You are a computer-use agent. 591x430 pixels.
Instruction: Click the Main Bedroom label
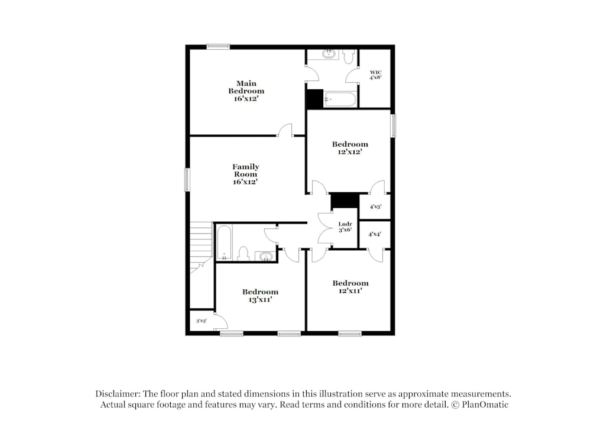click(246, 91)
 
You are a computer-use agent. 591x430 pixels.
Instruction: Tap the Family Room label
click(245, 174)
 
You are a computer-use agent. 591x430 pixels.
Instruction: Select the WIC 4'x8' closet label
click(376, 75)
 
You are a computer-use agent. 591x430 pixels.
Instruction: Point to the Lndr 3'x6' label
click(345, 227)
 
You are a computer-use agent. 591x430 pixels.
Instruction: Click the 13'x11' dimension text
click(260, 300)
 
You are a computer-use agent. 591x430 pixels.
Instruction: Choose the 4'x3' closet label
click(375, 207)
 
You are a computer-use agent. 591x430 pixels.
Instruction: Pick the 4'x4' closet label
click(375, 234)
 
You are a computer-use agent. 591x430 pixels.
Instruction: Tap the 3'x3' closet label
click(201, 321)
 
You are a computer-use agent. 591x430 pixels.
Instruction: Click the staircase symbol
click(201, 245)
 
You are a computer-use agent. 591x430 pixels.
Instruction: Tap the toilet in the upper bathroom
click(348, 57)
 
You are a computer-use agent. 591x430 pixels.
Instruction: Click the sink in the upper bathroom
click(329, 54)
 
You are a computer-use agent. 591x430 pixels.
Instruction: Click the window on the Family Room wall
click(187, 180)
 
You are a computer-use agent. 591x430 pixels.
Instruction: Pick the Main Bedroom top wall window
click(218, 47)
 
